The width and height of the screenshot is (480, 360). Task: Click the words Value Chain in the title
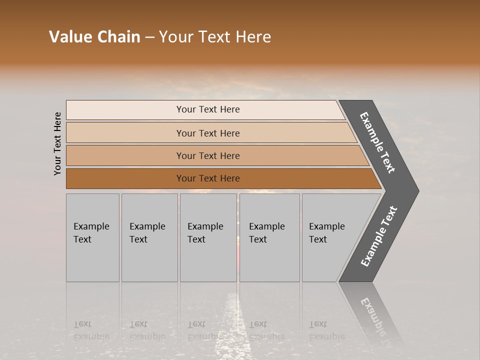point(94,37)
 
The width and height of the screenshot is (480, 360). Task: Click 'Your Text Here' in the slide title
point(215,37)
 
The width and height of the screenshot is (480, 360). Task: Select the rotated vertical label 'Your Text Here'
point(57,143)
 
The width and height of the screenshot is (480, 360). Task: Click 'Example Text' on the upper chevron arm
point(377,142)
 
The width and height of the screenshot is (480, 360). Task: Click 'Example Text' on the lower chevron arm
point(379,236)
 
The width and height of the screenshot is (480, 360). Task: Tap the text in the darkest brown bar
point(208,178)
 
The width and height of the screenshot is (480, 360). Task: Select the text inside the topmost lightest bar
point(208,109)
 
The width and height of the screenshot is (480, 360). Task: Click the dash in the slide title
point(149,37)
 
